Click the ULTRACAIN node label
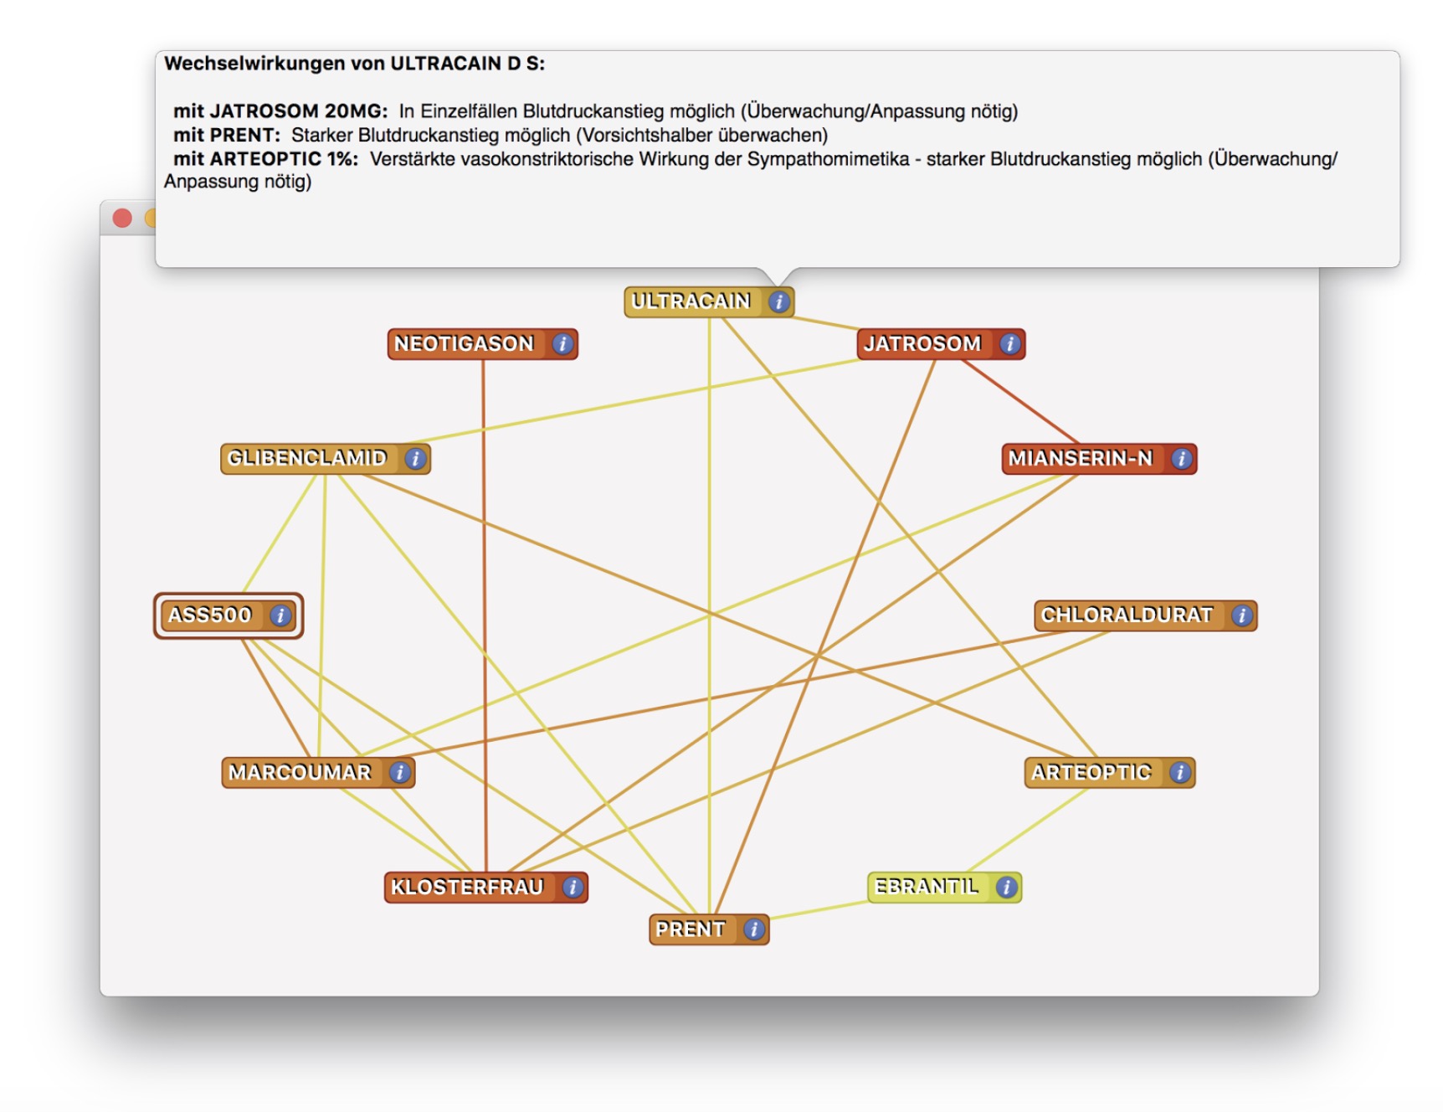[691, 301]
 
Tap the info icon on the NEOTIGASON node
[562, 343]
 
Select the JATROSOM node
[941, 343]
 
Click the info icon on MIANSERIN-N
[1181, 458]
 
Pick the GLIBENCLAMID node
[326, 458]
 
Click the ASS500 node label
[210, 615]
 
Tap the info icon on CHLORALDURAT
[1242, 615]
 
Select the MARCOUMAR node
[318, 772]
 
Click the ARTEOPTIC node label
[1091, 772]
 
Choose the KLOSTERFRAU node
[485, 888]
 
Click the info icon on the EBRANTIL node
[1006, 887]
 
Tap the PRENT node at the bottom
[709, 929]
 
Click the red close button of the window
[122, 219]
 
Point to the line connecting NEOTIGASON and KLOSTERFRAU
[484, 615]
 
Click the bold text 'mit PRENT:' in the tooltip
[227, 135]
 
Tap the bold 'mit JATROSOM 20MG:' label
[280, 111]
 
